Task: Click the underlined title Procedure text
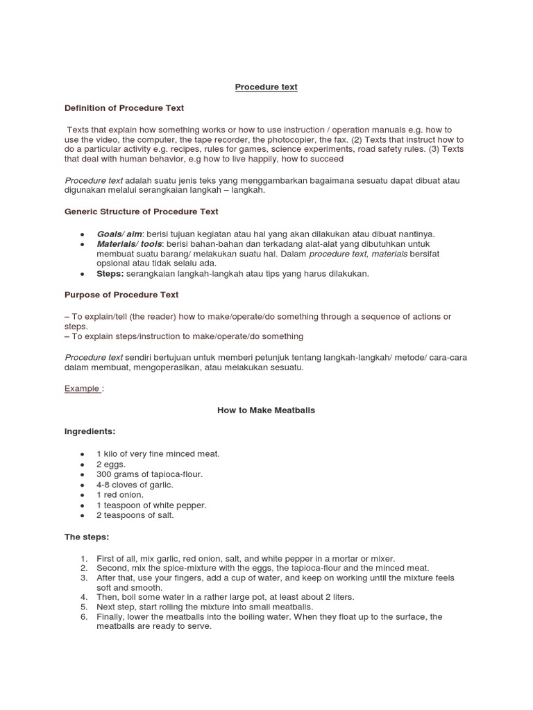pyautogui.click(x=266, y=87)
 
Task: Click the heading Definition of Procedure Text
pyautogui.click(x=124, y=108)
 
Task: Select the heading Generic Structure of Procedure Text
pyautogui.click(x=141, y=211)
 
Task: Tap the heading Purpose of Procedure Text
pyautogui.click(x=121, y=295)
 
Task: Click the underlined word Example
pyautogui.click(x=82, y=388)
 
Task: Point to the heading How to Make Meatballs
pyautogui.click(x=266, y=410)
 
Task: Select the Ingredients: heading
pyautogui.click(x=90, y=431)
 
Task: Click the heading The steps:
pyautogui.click(x=87, y=537)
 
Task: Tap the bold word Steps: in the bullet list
pyautogui.click(x=110, y=274)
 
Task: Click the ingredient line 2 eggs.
pyautogui.click(x=111, y=464)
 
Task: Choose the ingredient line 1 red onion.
pyautogui.click(x=120, y=495)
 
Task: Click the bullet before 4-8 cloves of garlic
pyautogui.click(x=83, y=485)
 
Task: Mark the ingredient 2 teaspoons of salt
pyautogui.click(x=135, y=515)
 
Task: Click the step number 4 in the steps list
pyautogui.click(x=83, y=597)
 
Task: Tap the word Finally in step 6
pyautogui.click(x=111, y=616)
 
